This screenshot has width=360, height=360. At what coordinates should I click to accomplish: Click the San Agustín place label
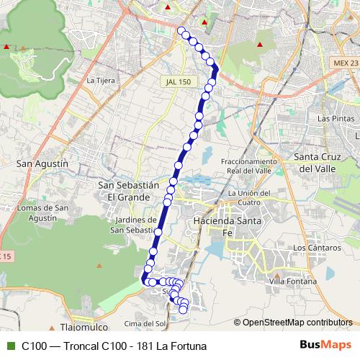[x=42, y=163]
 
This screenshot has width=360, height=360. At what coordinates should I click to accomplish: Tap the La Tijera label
[x=101, y=80]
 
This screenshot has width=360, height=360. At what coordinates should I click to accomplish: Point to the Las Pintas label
[x=334, y=117]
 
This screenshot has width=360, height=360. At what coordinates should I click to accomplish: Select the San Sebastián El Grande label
[x=127, y=190]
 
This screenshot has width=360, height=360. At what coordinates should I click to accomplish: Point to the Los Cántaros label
[x=313, y=248]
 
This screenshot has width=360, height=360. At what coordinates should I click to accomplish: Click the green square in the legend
[x=9, y=346]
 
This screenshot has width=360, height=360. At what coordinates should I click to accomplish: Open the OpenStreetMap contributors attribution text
[x=297, y=322]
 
